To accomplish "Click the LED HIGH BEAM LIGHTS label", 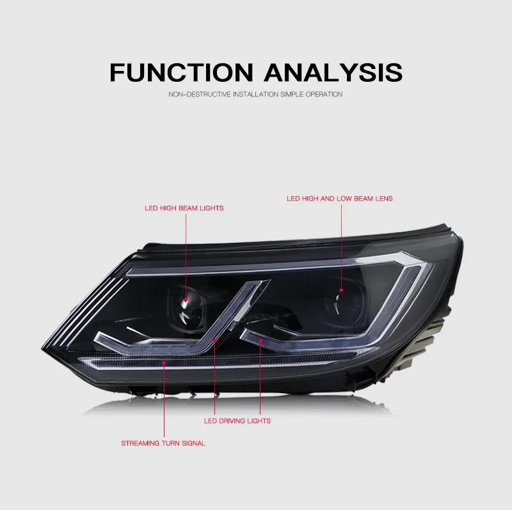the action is (183, 208).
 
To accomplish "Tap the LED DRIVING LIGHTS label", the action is (237, 421).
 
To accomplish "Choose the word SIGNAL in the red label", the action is (193, 443).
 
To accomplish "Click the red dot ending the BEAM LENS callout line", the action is (341, 291).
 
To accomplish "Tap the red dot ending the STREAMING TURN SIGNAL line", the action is (164, 363).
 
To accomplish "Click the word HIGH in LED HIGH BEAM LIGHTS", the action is (163, 208).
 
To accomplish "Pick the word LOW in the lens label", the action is (344, 199).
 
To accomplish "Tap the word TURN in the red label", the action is (168, 443).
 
